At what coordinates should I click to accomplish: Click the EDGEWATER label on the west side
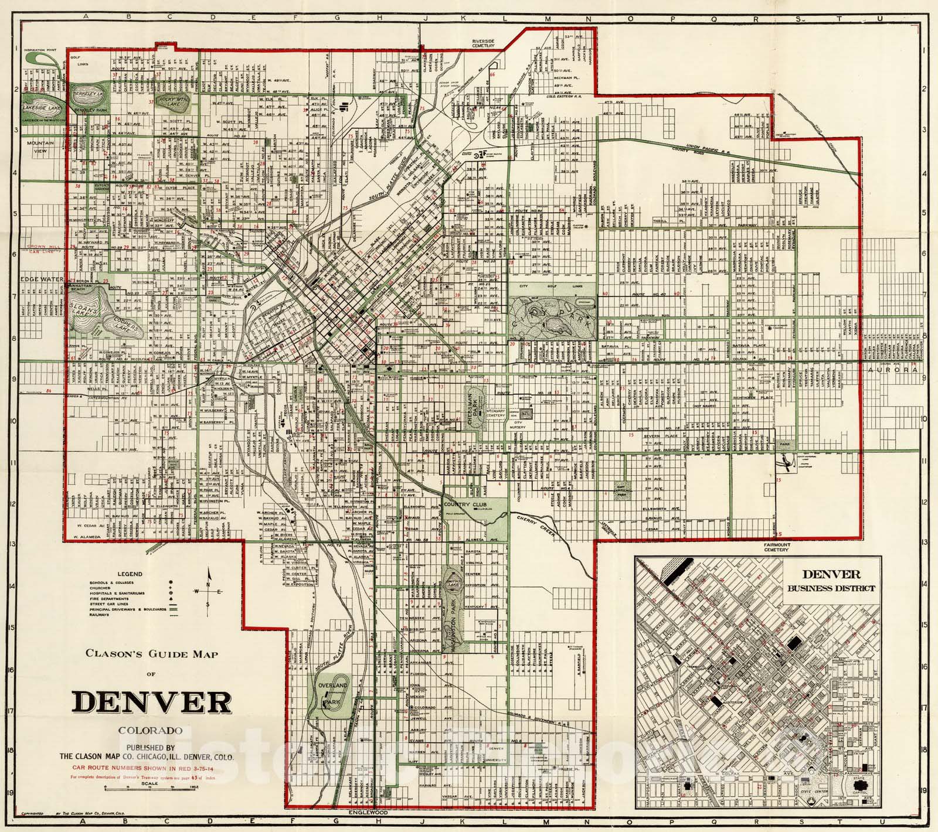[x=41, y=279]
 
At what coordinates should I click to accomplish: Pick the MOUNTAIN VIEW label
[x=44, y=146]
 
